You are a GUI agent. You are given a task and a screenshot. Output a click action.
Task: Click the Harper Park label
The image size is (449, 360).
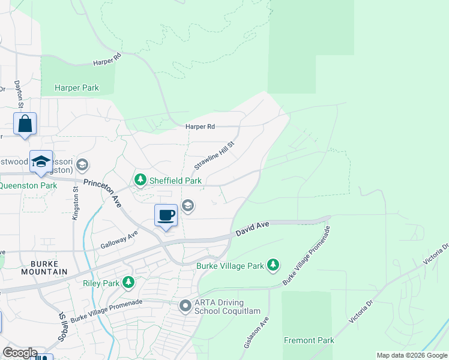[76, 88]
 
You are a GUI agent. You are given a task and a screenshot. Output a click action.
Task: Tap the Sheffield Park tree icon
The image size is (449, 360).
[140, 179]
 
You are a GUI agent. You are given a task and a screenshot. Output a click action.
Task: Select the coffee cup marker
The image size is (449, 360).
[166, 215]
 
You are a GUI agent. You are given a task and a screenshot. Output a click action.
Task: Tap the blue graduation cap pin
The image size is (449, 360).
[41, 161]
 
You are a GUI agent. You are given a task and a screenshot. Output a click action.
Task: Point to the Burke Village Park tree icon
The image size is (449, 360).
[273, 265]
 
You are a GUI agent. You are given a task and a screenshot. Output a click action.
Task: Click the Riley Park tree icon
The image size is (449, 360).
[128, 281]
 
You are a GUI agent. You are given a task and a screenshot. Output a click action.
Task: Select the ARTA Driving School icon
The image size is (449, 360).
[185, 306]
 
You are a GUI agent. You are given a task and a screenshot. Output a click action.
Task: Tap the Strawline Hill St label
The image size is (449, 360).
[214, 155]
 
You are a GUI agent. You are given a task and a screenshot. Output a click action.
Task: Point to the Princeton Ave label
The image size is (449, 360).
[103, 193]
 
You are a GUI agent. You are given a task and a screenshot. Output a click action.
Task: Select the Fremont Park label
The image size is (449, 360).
[309, 340]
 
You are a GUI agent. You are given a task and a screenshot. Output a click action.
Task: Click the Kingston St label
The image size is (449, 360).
[76, 203]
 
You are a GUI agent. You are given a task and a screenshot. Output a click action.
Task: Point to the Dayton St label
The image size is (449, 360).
[19, 95]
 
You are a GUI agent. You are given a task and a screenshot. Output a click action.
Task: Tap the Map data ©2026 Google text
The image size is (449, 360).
[411, 355]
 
